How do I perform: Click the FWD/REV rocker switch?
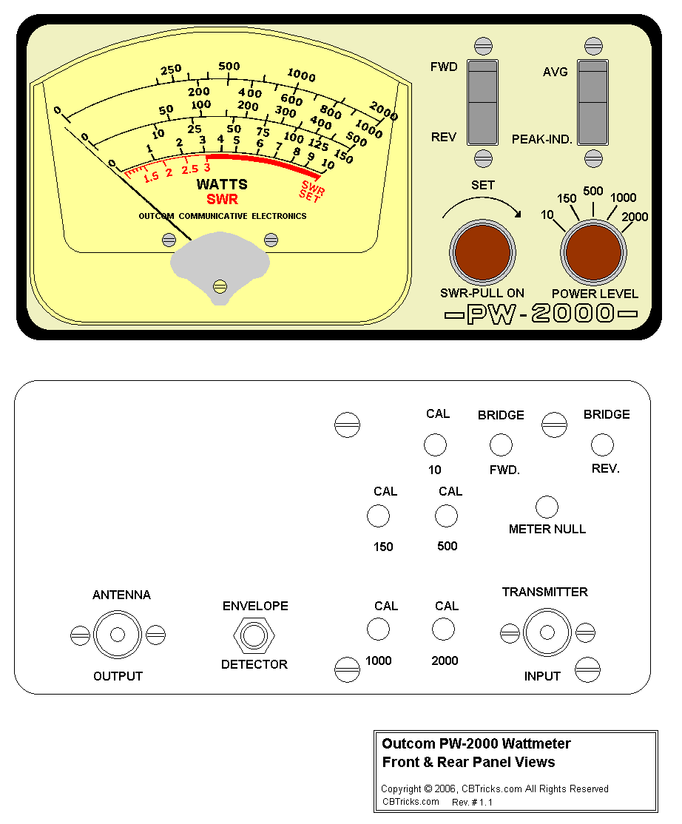click(x=483, y=102)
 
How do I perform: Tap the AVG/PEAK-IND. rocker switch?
click(x=592, y=102)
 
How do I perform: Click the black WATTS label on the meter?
click(x=222, y=184)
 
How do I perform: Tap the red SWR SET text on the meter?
click(x=311, y=190)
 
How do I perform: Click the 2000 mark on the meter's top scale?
click(x=383, y=111)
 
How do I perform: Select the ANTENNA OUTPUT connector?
click(x=117, y=635)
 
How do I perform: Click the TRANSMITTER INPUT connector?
click(x=547, y=632)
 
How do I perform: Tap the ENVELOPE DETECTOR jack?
click(x=254, y=635)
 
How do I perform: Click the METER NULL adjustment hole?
click(x=547, y=507)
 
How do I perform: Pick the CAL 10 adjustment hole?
click(x=435, y=445)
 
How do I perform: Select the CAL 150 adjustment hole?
click(x=378, y=516)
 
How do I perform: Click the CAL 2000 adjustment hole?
click(x=443, y=629)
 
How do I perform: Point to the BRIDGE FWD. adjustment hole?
click(x=501, y=445)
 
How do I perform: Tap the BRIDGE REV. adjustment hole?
click(x=602, y=445)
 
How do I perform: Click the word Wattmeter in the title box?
click(x=534, y=743)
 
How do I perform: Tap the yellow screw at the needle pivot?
click(x=219, y=286)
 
